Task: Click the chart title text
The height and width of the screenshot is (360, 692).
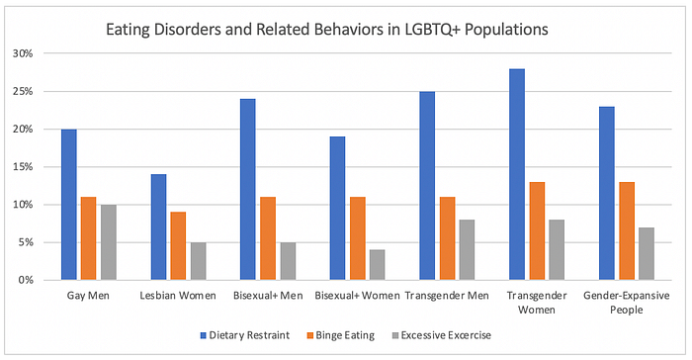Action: pyautogui.click(x=327, y=30)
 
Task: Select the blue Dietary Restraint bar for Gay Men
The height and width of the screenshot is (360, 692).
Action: pyautogui.click(x=69, y=205)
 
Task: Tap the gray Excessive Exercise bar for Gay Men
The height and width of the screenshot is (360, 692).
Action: pyautogui.click(x=109, y=242)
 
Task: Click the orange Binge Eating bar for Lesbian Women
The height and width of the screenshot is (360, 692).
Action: pyautogui.click(x=178, y=246)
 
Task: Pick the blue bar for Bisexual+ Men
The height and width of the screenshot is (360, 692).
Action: pyautogui.click(x=247, y=190)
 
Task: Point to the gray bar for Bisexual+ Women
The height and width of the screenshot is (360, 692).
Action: pyautogui.click(x=378, y=265)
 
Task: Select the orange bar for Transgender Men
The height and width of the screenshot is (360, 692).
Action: pyautogui.click(x=448, y=238)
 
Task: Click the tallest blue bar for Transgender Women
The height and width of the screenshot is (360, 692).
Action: pyautogui.click(x=517, y=174)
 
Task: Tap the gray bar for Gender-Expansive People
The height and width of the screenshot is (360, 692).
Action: pyautogui.click(x=647, y=254)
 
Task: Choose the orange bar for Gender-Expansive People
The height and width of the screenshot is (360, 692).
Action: pyautogui.click(x=627, y=231)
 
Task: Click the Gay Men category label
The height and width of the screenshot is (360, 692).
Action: pyautogui.click(x=88, y=296)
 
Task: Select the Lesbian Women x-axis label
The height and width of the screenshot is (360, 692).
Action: pyautogui.click(x=178, y=296)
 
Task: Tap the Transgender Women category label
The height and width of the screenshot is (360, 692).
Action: pyautogui.click(x=537, y=303)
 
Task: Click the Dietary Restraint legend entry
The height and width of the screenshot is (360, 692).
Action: pyautogui.click(x=245, y=335)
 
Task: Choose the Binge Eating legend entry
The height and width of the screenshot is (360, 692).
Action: pyautogui.click(x=341, y=335)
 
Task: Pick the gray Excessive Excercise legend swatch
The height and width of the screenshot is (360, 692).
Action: pyautogui.click(x=395, y=335)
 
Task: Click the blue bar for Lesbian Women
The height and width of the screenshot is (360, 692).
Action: pyautogui.click(x=159, y=227)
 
